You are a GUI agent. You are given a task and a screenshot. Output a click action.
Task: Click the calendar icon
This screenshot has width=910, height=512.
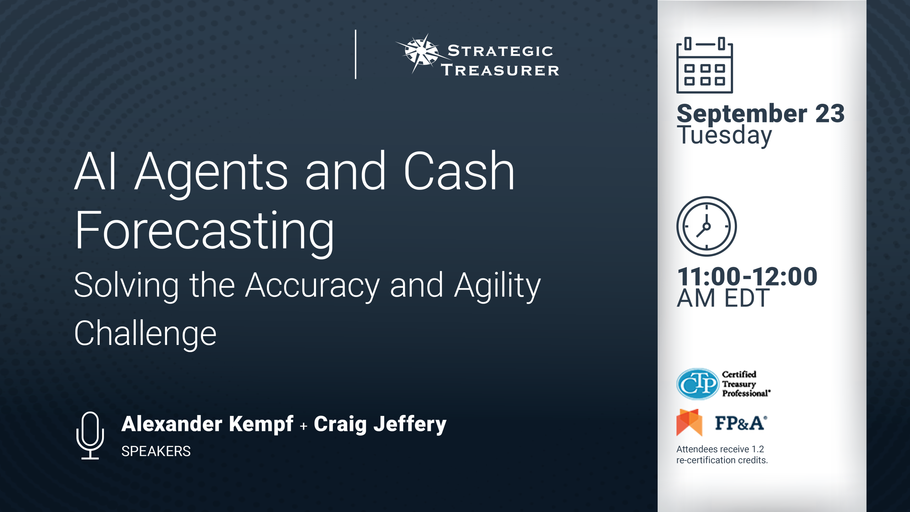tap(705, 65)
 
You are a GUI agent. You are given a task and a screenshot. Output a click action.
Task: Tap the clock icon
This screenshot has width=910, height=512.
tap(707, 226)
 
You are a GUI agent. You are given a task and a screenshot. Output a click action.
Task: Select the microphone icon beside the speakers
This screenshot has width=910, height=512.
tap(90, 435)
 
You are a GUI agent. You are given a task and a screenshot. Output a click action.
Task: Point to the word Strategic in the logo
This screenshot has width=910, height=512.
tap(500, 51)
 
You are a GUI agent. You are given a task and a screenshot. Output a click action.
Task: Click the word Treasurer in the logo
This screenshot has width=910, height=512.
tap(500, 70)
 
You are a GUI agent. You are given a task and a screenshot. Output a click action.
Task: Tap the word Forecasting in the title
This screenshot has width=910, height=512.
tap(204, 231)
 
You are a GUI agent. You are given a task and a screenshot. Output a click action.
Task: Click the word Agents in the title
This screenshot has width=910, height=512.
tap(212, 174)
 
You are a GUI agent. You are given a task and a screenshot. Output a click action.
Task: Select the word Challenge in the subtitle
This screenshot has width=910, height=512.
tap(145, 334)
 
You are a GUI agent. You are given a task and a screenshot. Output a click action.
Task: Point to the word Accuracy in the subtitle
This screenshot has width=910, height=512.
tap(312, 286)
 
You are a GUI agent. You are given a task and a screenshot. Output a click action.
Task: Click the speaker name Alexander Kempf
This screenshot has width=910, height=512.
tap(208, 424)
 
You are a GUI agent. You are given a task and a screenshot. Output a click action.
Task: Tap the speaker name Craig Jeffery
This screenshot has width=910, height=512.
tap(380, 424)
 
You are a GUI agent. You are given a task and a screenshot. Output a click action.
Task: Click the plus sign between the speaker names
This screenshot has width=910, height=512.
tap(304, 426)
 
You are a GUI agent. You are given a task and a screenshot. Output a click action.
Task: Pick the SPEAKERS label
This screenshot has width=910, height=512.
tap(156, 451)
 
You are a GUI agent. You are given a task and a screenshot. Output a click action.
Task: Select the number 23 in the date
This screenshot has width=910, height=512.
tap(830, 114)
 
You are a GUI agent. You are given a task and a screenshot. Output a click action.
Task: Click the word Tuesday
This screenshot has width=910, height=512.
tap(724, 135)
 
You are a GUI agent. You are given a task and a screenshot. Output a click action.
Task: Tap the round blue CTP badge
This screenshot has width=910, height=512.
tap(698, 384)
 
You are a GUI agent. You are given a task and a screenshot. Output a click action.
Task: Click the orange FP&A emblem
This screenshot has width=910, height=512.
tap(689, 422)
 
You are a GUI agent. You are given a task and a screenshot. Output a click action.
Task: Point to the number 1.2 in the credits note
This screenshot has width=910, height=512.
tap(758, 449)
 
